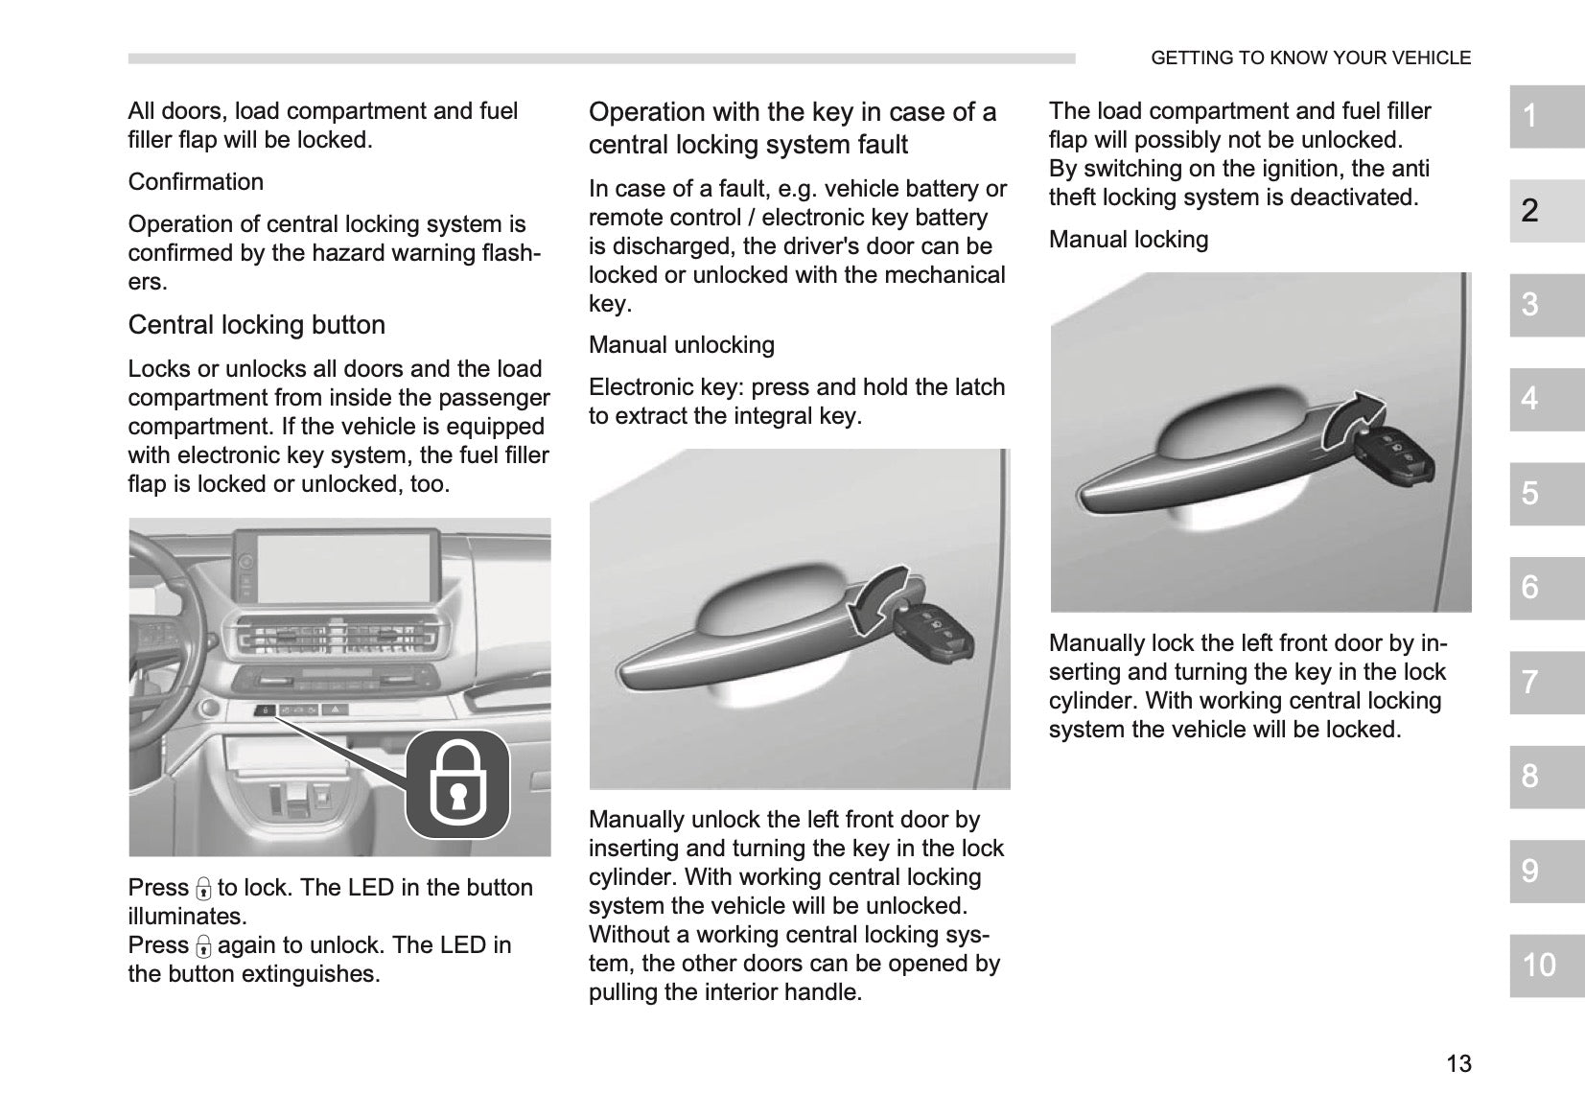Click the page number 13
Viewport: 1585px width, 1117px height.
click(1458, 1063)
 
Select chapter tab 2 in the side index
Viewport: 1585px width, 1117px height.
click(1547, 211)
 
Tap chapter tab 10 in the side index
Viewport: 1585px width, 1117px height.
click(1547, 966)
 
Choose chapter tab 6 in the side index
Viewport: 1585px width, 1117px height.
click(1547, 588)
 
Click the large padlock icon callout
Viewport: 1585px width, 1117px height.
click(457, 783)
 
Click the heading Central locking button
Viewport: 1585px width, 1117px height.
click(257, 325)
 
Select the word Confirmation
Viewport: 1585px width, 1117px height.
click(196, 182)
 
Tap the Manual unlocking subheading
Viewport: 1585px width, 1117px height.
click(682, 344)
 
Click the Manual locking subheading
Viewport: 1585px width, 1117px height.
click(1129, 239)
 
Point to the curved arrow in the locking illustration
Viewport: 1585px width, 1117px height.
click(1353, 420)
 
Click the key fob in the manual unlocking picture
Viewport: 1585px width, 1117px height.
click(933, 631)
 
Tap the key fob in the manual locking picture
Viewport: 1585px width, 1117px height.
click(1394, 456)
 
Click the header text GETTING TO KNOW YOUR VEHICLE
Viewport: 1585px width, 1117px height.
click(1311, 58)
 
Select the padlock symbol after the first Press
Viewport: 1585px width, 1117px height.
click(203, 889)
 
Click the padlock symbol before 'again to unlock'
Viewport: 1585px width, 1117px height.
click(203, 945)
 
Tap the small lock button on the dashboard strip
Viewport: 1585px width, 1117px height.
click(265, 710)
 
